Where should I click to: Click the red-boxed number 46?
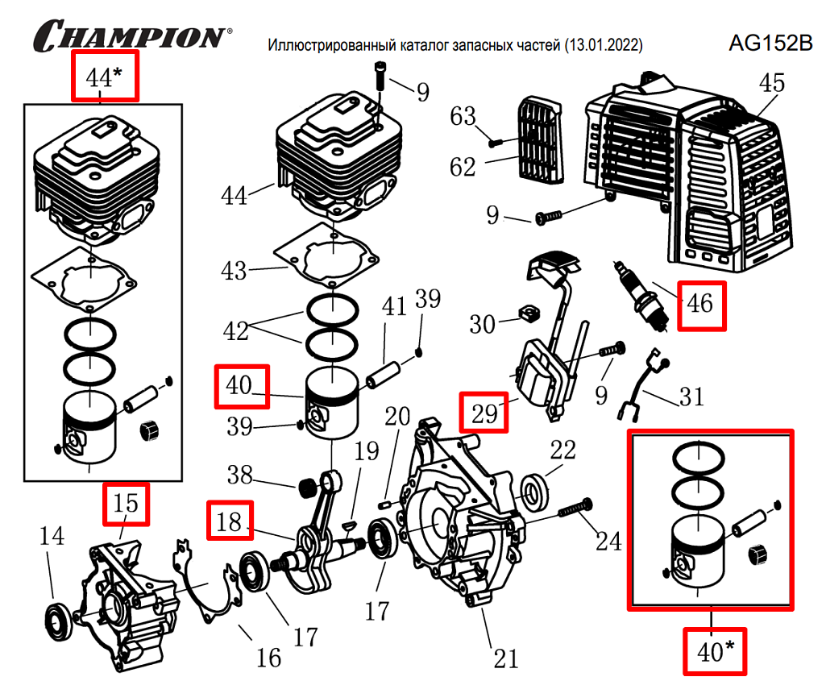click(x=700, y=305)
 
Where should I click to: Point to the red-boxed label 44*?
click(x=105, y=76)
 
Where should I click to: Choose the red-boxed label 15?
click(x=125, y=504)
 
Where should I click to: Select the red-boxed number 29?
click(x=484, y=413)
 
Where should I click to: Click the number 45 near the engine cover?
click(x=772, y=83)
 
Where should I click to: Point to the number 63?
click(x=463, y=117)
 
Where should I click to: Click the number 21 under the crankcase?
click(x=505, y=658)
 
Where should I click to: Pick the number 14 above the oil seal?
click(x=52, y=537)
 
